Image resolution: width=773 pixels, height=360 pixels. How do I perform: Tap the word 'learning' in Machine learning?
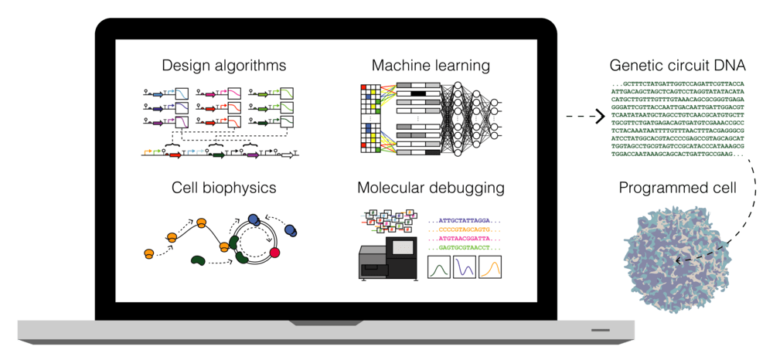pos(460,65)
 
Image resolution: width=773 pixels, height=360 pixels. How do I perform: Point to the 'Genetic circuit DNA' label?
pos(677,66)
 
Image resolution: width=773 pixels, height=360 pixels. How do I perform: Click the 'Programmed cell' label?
pos(678,188)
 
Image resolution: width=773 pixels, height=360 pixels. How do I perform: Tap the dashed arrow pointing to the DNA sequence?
pos(584,117)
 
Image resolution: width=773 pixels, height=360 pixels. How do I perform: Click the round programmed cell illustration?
pos(677,254)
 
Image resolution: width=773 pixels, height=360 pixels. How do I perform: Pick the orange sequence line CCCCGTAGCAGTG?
pos(469,229)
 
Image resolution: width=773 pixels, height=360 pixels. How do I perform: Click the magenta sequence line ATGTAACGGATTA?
pos(469,239)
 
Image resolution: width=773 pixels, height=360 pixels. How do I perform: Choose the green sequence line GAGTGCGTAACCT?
pos(469,248)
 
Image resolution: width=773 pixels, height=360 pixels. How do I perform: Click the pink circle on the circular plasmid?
pos(273,253)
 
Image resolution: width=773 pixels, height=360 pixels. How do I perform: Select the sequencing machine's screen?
pos(404,247)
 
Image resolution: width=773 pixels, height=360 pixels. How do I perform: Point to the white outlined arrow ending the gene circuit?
pos(288,155)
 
